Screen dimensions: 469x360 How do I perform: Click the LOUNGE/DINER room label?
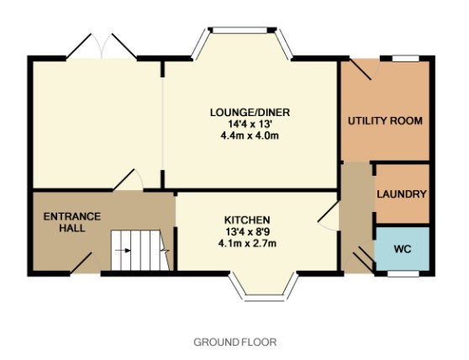[250, 113]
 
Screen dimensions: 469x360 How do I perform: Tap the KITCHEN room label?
[247, 220]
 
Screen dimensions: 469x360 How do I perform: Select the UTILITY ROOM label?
[385, 121]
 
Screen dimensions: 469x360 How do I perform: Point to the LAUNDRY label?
[402, 194]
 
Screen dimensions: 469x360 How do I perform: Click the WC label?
[403, 249]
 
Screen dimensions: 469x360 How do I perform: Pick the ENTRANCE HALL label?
[72, 222]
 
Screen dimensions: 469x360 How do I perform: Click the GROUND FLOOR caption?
[235, 341]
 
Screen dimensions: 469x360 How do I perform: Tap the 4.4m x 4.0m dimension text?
[250, 136]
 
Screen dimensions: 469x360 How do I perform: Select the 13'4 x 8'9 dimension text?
[247, 231]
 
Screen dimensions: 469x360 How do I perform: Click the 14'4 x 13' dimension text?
[250, 124]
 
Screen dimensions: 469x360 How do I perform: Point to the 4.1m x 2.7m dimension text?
[247, 243]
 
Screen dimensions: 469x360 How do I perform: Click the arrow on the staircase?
[123, 250]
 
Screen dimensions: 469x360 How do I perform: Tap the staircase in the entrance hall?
[140, 250]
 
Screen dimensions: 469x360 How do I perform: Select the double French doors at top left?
[102, 46]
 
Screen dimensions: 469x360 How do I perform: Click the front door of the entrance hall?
[85, 263]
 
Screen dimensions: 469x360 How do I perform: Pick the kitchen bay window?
[264, 288]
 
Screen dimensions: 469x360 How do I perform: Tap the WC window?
[403, 273]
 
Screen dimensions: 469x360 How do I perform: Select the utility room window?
[406, 58]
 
